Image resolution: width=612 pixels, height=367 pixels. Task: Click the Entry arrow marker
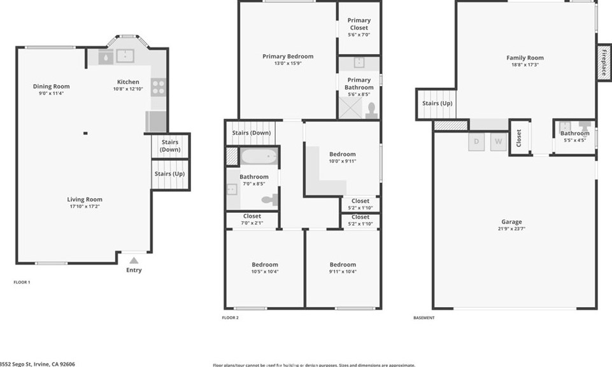pos(134,260)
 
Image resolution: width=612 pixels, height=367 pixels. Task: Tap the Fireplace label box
pos(602,62)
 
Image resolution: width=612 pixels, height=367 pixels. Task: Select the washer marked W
pos(499,141)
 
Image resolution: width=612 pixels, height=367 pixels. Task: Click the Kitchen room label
pos(128,82)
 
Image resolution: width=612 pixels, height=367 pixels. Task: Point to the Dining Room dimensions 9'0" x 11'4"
pos(52,93)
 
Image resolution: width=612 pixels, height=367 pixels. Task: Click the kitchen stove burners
pos(158,87)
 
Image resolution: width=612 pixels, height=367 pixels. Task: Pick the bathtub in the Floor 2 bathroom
pos(259,156)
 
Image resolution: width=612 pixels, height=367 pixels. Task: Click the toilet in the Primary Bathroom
pos(371,111)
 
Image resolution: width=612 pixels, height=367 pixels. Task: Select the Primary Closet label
pos(359,24)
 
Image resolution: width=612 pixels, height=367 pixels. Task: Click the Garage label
pos(511,221)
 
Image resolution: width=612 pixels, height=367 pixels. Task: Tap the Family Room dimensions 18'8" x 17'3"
pos(525,64)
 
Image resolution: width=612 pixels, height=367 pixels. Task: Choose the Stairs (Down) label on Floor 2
pos(251,133)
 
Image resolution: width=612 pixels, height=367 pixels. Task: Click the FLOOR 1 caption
pos(22,282)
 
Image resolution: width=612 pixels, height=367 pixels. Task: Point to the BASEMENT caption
pos(423,317)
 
